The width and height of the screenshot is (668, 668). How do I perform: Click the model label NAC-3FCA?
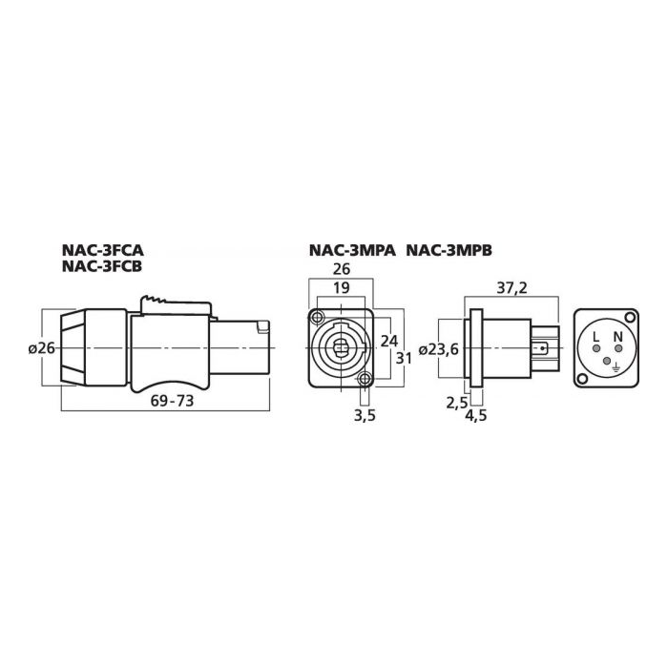103,249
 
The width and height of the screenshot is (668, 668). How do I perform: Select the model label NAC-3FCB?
102,266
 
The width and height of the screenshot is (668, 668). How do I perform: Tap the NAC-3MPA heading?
352,250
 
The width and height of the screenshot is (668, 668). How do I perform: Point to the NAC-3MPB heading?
449,250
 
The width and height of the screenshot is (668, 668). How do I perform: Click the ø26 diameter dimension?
42,348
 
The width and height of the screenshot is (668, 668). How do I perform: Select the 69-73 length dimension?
172,401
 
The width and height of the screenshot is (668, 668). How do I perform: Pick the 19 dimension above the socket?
342,288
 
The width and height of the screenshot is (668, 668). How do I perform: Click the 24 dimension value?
389,341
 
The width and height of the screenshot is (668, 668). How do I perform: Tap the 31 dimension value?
404,358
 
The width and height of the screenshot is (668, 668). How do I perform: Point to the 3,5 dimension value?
365,415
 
